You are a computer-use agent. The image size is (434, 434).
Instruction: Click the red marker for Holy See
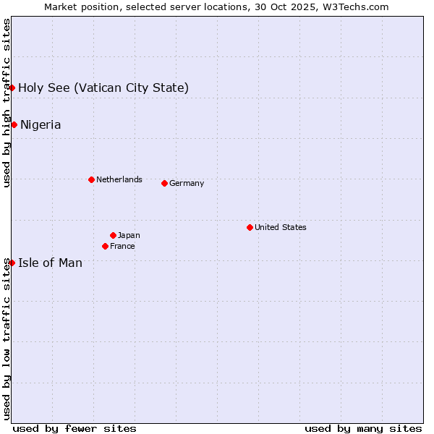12,88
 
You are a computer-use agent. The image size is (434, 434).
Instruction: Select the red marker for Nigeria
14,124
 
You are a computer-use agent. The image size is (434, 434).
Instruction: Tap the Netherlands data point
91,179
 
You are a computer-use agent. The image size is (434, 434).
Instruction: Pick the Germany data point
164,183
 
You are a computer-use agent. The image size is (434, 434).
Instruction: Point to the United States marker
250,227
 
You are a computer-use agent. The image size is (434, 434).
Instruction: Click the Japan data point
113,235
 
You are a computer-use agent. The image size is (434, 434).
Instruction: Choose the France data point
105,246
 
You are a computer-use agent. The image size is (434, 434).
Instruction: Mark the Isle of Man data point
12,263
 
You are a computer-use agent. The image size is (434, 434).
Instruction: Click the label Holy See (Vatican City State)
103,88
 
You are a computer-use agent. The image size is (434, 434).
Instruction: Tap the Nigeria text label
41,125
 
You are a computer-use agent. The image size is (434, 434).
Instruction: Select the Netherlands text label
119,179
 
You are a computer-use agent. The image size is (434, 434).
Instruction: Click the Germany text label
187,183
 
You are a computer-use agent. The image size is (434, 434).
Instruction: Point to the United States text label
281,227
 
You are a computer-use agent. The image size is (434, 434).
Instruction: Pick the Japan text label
129,235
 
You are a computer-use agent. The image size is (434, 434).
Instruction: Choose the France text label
122,246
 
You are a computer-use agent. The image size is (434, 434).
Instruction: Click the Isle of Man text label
50,263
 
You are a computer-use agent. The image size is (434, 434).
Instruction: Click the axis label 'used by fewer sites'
75,428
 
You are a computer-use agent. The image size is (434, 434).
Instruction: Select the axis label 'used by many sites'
363,428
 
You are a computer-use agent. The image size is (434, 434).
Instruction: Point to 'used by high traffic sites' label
7,103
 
